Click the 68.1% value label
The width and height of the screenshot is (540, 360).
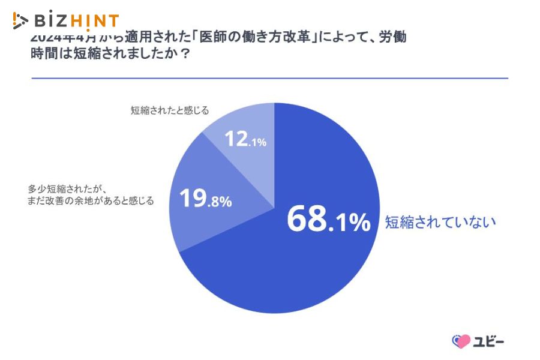(x=328, y=220)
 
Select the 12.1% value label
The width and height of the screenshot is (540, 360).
(x=245, y=140)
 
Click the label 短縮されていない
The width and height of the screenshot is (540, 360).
(x=440, y=222)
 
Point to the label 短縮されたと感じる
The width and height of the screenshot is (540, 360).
(x=170, y=110)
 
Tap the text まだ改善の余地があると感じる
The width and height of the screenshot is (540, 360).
(x=90, y=201)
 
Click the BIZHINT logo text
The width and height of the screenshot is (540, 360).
(x=77, y=21)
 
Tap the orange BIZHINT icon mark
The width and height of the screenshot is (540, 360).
(x=20, y=21)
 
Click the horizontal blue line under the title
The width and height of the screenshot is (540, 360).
(x=269, y=78)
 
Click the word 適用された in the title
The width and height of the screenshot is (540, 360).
(x=156, y=37)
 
